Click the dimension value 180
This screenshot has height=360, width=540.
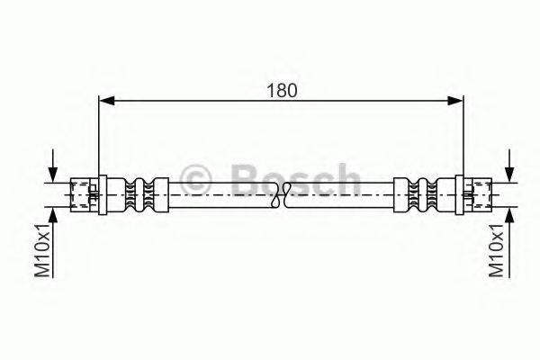[x=282, y=91]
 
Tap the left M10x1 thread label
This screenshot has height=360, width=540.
[x=40, y=251]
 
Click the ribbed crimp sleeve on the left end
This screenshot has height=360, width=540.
[x=139, y=191]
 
